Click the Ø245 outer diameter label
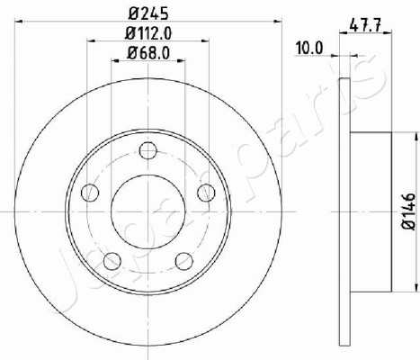[x=148, y=13]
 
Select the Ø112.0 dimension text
[x=148, y=33]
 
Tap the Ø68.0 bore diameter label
[x=148, y=53]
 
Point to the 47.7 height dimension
[x=365, y=25]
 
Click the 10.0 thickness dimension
[x=308, y=49]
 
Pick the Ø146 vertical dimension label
[x=408, y=211]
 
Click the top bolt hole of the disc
[x=148, y=150]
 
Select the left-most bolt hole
[x=90, y=193]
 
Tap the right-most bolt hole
[x=206, y=193]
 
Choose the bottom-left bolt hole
[x=112, y=261]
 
